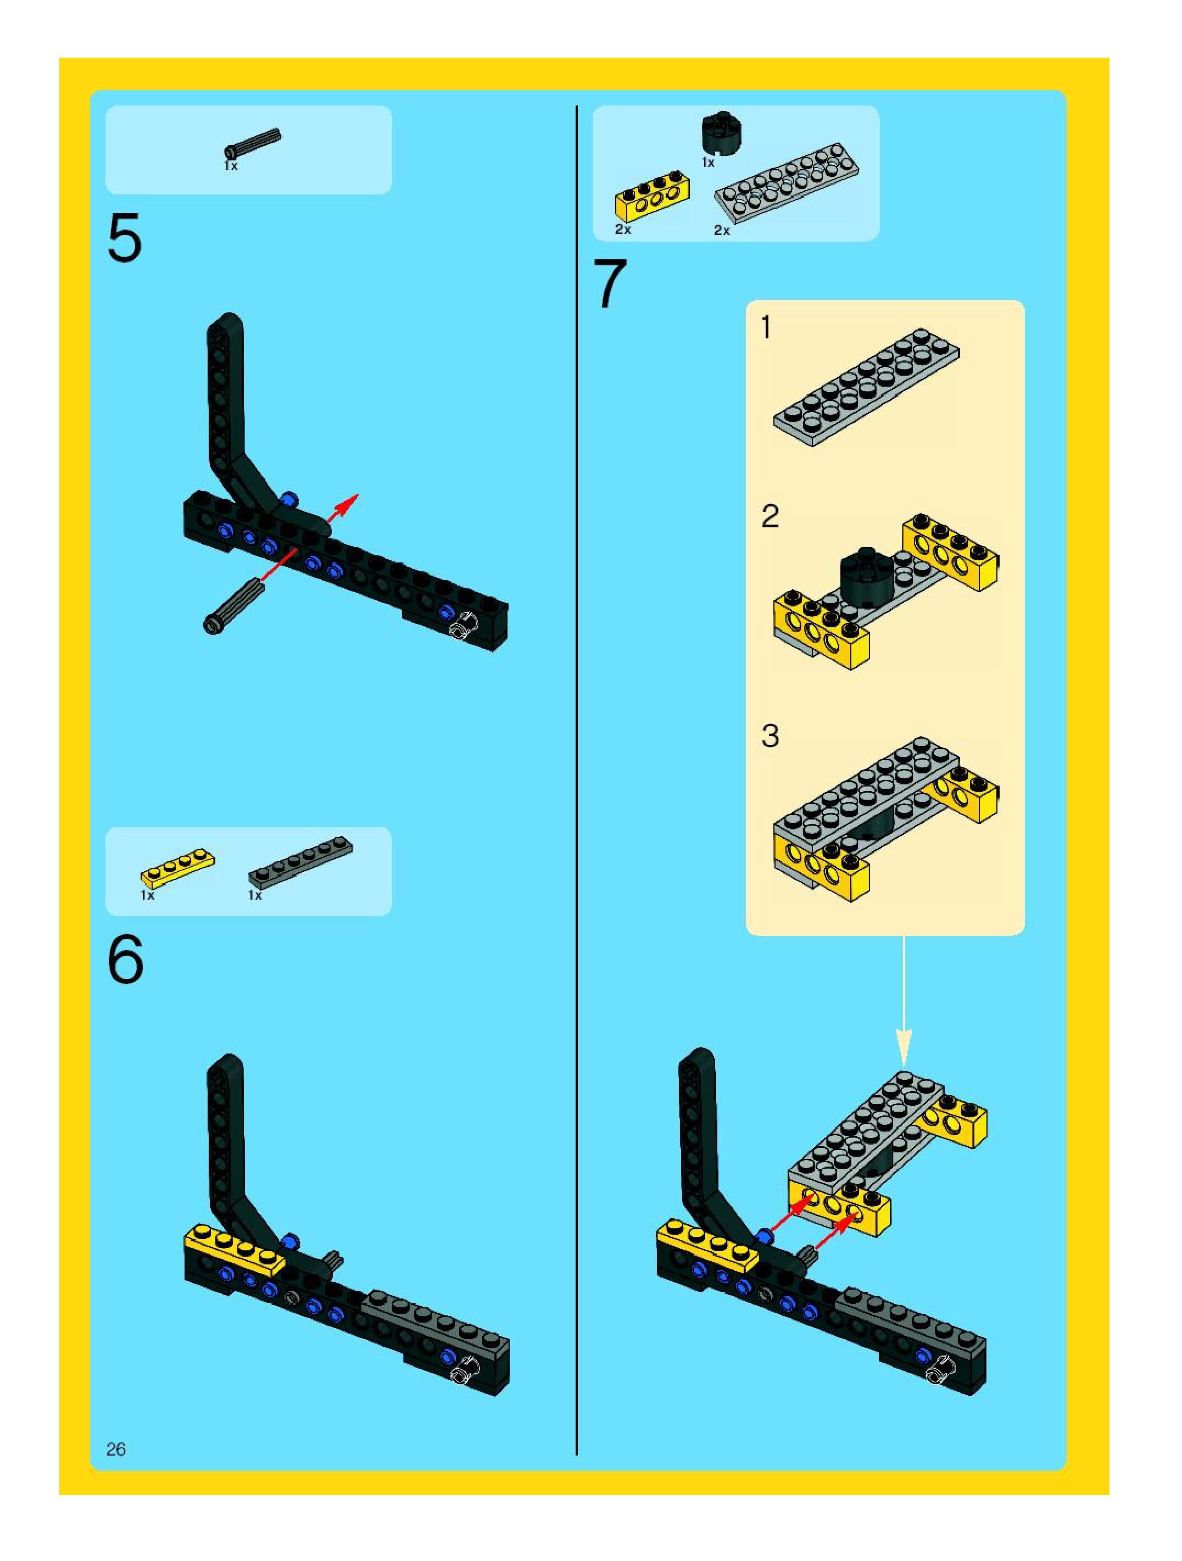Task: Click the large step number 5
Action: click(125, 238)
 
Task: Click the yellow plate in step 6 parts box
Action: click(178, 868)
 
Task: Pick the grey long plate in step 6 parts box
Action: click(300, 862)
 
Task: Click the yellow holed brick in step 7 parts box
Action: click(653, 196)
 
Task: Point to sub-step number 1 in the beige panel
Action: click(766, 328)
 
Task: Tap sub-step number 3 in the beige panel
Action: click(770, 735)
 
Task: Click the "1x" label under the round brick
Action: click(708, 163)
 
